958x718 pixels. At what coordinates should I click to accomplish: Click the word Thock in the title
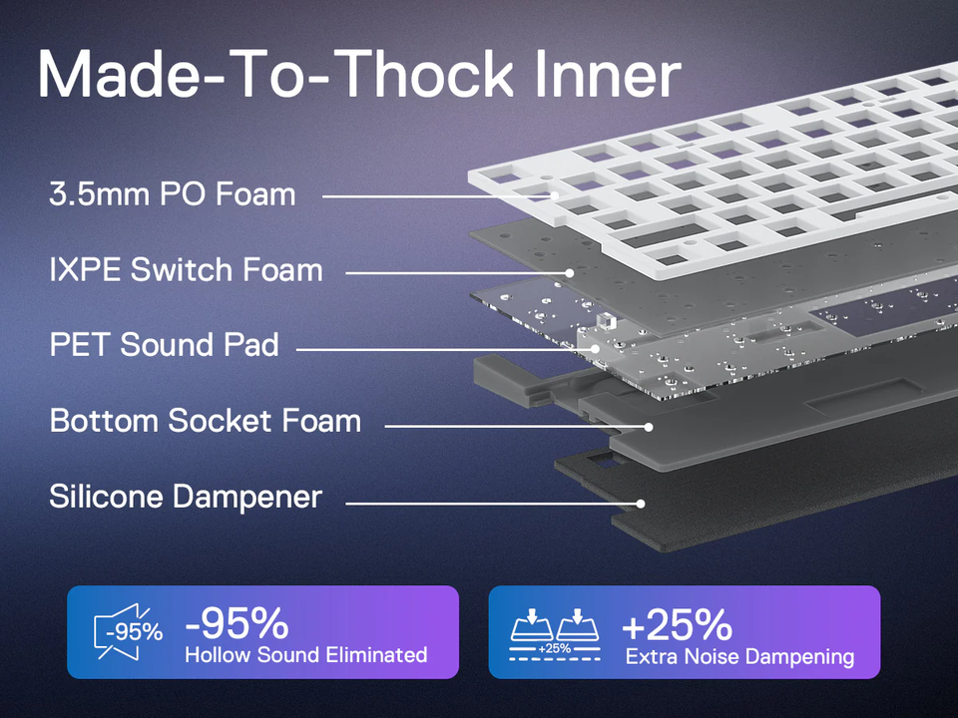(423, 74)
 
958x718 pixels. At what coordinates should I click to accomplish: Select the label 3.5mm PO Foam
(173, 194)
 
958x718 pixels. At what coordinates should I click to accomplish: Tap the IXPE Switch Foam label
(186, 270)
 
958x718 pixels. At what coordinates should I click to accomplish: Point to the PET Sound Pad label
(164, 345)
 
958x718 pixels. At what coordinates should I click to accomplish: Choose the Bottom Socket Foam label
(206, 421)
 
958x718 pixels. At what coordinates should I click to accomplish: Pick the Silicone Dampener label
(186, 497)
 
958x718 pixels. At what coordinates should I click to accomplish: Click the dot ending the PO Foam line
(555, 196)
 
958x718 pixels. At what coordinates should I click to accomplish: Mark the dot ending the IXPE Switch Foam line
(570, 273)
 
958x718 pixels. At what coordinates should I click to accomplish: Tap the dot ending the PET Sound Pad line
(595, 349)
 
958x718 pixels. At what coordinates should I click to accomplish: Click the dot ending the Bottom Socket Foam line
(649, 427)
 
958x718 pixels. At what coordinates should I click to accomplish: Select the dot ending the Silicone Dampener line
(641, 504)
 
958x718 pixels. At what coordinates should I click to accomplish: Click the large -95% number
(238, 622)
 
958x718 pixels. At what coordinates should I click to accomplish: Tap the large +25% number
(677, 624)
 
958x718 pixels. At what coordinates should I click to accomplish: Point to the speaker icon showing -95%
(128, 632)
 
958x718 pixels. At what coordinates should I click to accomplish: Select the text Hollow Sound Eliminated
(306, 655)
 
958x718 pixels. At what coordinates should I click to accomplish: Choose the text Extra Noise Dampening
(739, 657)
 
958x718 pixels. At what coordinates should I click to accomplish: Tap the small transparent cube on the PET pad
(605, 321)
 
